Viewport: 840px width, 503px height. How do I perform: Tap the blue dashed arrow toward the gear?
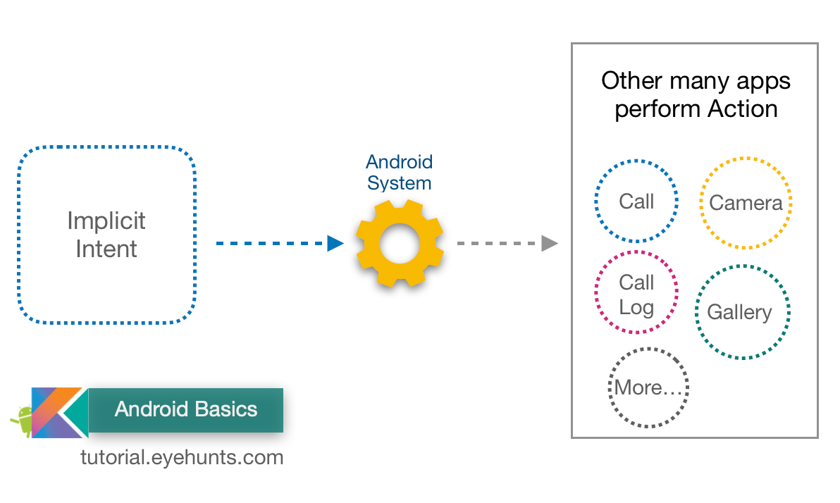point(279,244)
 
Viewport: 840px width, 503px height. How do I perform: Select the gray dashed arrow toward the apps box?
point(507,244)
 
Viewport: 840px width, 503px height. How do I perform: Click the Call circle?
point(636,201)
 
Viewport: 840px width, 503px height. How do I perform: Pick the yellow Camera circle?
point(746,203)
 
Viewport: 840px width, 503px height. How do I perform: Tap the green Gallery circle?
point(743,311)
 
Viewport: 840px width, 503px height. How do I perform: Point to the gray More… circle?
point(648,387)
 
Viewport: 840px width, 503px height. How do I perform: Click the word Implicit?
point(106,221)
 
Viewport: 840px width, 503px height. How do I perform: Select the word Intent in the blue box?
point(106,249)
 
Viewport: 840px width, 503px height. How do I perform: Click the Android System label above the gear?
point(399,173)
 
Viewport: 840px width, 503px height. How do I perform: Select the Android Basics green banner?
point(185,409)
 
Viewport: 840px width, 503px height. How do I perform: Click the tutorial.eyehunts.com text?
point(182,457)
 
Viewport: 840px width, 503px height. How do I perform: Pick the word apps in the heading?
point(764,81)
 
